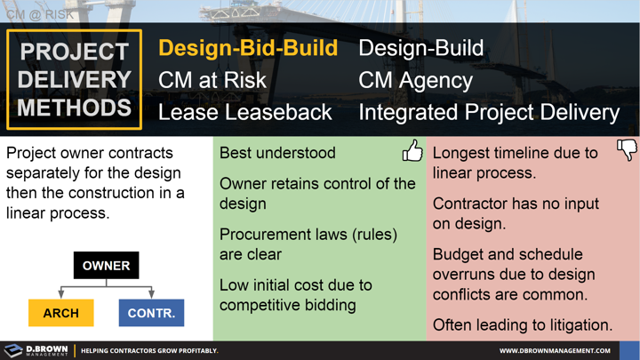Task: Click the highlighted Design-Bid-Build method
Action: tap(248, 48)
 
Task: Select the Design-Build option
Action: tap(420, 48)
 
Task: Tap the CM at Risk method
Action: tap(212, 80)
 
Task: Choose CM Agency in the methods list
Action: tap(415, 80)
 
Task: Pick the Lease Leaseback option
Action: tap(244, 112)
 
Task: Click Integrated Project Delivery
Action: tap(488, 112)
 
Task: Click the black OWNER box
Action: tap(106, 265)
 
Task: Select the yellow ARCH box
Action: tap(60, 313)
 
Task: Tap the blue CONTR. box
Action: tap(151, 313)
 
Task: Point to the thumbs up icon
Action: tap(412, 151)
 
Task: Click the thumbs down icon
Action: tap(627, 150)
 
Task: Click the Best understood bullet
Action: tap(277, 153)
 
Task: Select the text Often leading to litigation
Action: tap(522, 325)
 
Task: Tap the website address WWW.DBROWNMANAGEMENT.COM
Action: tap(555, 350)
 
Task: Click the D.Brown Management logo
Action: tap(36, 350)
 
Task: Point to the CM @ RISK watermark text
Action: tap(40, 14)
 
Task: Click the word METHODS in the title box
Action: tap(74, 108)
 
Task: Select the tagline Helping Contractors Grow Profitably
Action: tap(148, 350)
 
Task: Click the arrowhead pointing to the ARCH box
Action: tap(60, 293)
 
